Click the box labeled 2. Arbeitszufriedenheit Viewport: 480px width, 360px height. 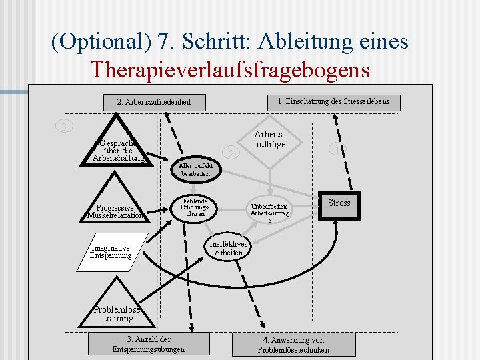153,102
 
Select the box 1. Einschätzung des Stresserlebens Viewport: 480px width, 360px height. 338,101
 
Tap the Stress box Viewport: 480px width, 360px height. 339,203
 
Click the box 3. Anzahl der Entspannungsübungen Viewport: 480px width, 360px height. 149,344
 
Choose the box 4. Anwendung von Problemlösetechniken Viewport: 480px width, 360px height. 293,345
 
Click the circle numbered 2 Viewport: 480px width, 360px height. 231,153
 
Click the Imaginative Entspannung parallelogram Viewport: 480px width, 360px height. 111,252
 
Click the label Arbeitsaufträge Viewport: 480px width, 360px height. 270,139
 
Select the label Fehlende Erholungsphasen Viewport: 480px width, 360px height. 195,207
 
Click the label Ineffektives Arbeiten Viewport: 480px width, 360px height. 229,249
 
